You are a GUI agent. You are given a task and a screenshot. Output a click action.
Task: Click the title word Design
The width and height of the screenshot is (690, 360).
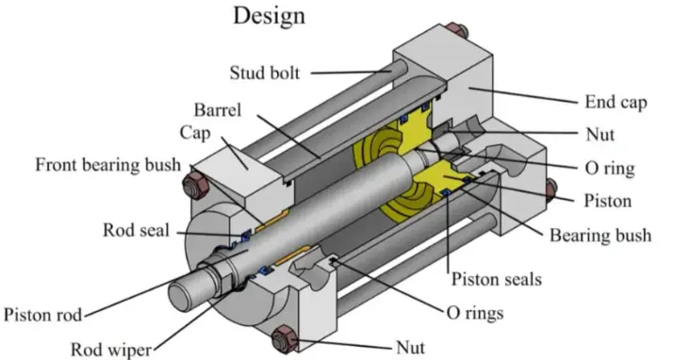click(x=269, y=16)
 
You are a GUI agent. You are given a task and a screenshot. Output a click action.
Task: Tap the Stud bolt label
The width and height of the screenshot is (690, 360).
click(x=265, y=74)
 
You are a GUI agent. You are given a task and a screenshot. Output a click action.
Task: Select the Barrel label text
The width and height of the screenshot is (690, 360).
click(x=218, y=109)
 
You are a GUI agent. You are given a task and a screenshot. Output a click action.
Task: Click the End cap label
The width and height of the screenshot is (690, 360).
click(x=616, y=103)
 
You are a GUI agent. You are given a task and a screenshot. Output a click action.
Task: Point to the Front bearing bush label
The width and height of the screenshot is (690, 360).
click(x=107, y=165)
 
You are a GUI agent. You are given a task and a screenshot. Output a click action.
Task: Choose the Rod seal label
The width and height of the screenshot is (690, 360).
click(x=136, y=230)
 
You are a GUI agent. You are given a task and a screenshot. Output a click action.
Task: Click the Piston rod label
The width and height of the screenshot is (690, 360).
click(x=42, y=315)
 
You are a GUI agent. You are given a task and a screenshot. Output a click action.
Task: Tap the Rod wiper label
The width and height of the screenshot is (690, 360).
click(x=111, y=351)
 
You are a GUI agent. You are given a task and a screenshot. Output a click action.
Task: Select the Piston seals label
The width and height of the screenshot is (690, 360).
click(x=497, y=279)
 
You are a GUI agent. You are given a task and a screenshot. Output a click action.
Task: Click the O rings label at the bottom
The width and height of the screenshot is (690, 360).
click(x=475, y=313)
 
